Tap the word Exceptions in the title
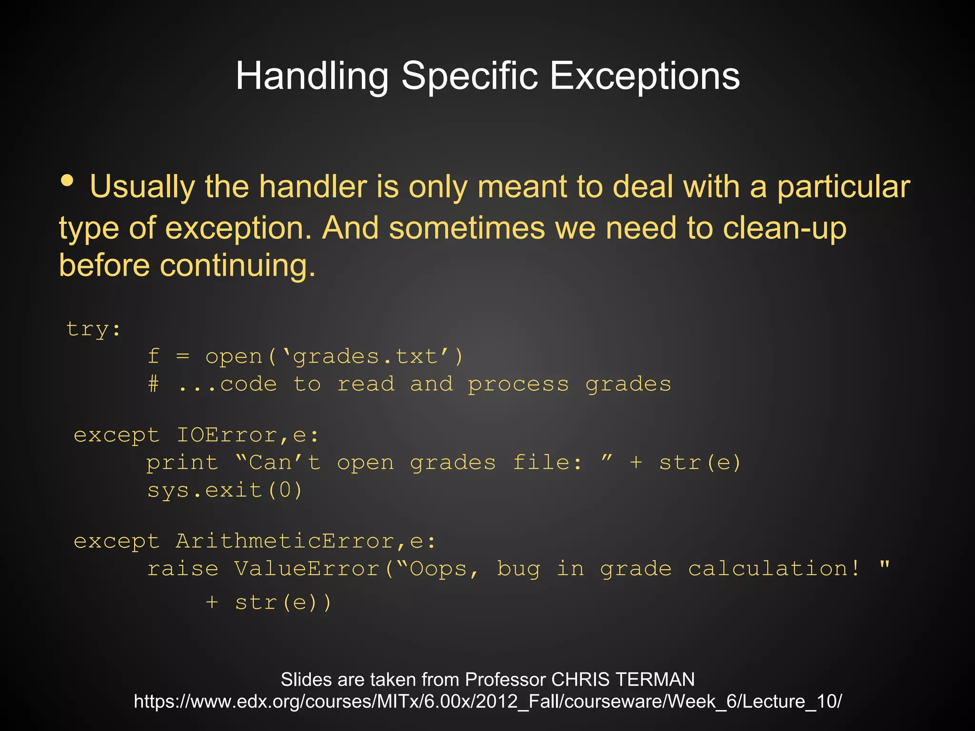click(645, 76)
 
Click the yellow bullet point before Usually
click(68, 181)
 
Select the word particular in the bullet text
click(843, 187)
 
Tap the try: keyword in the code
click(94, 329)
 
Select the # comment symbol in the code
click(153, 384)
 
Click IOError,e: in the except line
click(248, 435)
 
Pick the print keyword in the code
click(182, 463)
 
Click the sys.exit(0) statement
click(225, 490)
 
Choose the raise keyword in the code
click(183, 569)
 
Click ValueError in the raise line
click(307, 569)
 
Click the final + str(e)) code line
click(269, 603)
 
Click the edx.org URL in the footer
click(487, 701)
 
